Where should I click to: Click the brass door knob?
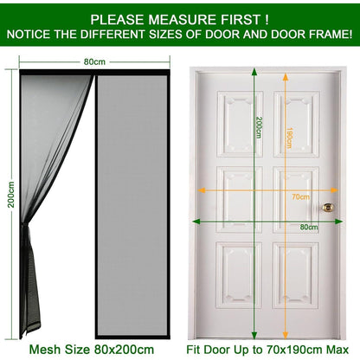(328, 207)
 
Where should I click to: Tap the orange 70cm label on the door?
(300, 197)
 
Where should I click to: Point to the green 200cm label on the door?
(259, 127)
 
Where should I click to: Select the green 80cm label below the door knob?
(309, 227)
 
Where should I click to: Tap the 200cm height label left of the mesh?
(11, 195)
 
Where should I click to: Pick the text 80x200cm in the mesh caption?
(124, 350)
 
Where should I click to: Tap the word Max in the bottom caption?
(337, 350)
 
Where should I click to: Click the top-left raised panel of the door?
(240, 125)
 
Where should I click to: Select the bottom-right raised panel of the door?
(296, 275)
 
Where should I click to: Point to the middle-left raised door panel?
(240, 200)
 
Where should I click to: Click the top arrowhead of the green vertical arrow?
(254, 71)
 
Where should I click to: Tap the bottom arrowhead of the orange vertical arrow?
(286, 335)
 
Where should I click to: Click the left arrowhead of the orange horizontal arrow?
(202, 190)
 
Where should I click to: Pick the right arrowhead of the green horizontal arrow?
(338, 222)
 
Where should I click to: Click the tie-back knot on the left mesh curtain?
(25, 228)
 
